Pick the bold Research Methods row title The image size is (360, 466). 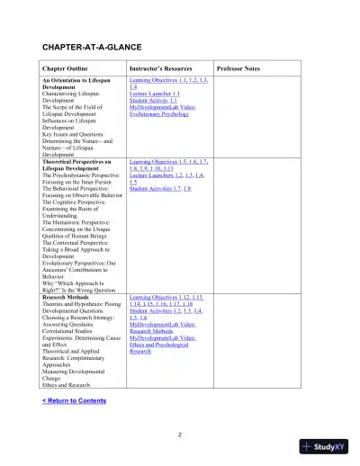tap(68, 296)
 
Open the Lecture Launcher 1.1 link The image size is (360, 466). tap(155, 94)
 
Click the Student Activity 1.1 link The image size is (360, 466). tap(153, 101)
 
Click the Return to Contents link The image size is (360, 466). tap(74, 400)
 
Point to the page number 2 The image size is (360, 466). tap(180, 435)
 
